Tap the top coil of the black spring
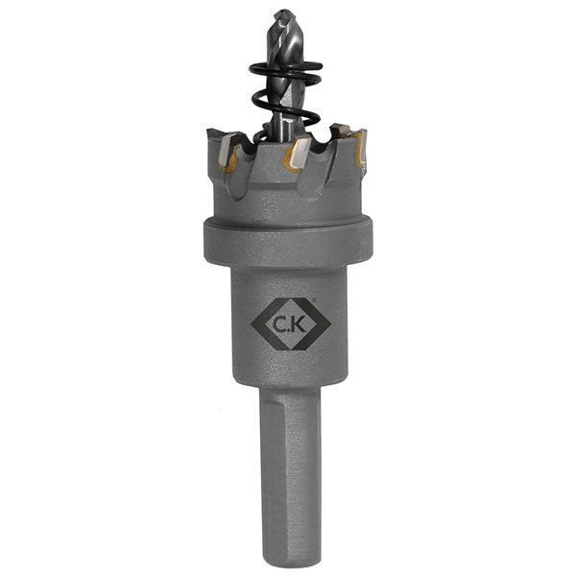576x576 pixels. tap(285, 69)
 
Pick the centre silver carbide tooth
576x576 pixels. tap(299, 151)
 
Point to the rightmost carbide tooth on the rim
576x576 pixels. tap(360, 148)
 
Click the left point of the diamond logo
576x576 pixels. tap(252, 324)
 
